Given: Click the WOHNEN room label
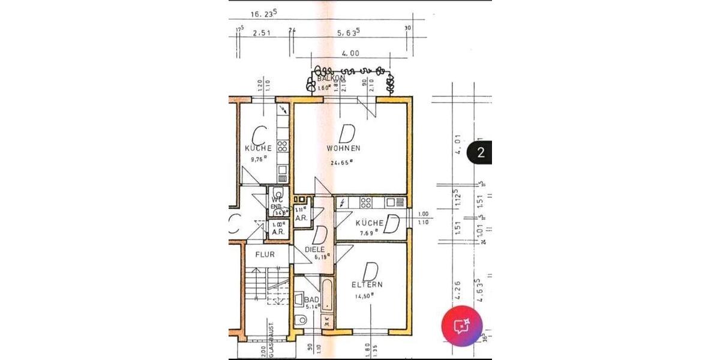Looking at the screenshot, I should click(x=343, y=148).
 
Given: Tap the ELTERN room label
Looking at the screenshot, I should click(x=368, y=284).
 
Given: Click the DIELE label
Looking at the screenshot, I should click(x=314, y=249).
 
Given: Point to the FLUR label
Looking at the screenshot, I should click(x=265, y=254).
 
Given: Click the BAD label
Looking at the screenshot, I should click(x=311, y=299).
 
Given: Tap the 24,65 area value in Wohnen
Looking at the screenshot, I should click(x=341, y=162).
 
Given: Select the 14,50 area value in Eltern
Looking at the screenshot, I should click(x=364, y=295).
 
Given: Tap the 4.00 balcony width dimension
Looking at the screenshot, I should click(x=350, y=53).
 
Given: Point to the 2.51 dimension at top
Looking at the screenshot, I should click(x=262, y=34).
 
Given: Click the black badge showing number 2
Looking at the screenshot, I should click(x=480, y=152).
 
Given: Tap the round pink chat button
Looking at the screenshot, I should click(x=462, y=327).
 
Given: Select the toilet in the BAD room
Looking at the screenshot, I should click(x=301, y=320).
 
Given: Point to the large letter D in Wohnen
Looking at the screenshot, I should click(x=346, y=131).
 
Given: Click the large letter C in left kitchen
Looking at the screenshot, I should click(x=259, y=133).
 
